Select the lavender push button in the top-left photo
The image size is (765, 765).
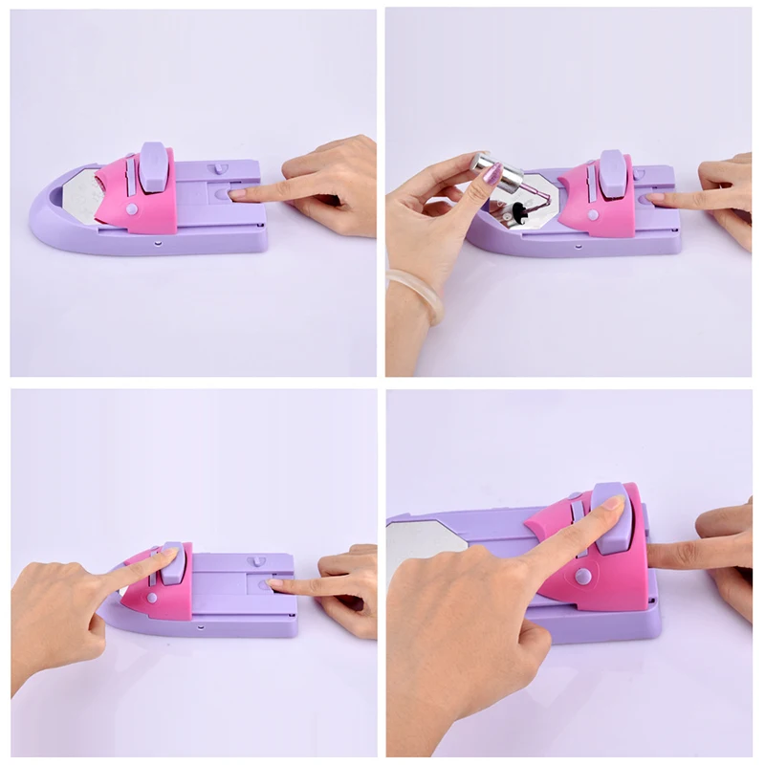coord(154,164)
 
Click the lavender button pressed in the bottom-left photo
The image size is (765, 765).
coord(172,563)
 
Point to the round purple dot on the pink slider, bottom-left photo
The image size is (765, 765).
coord(152,598)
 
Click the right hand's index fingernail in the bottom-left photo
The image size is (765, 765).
coord(275,582)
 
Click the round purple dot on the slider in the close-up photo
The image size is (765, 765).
coord(580,577)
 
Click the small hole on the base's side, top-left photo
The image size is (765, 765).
coord(156,244)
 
